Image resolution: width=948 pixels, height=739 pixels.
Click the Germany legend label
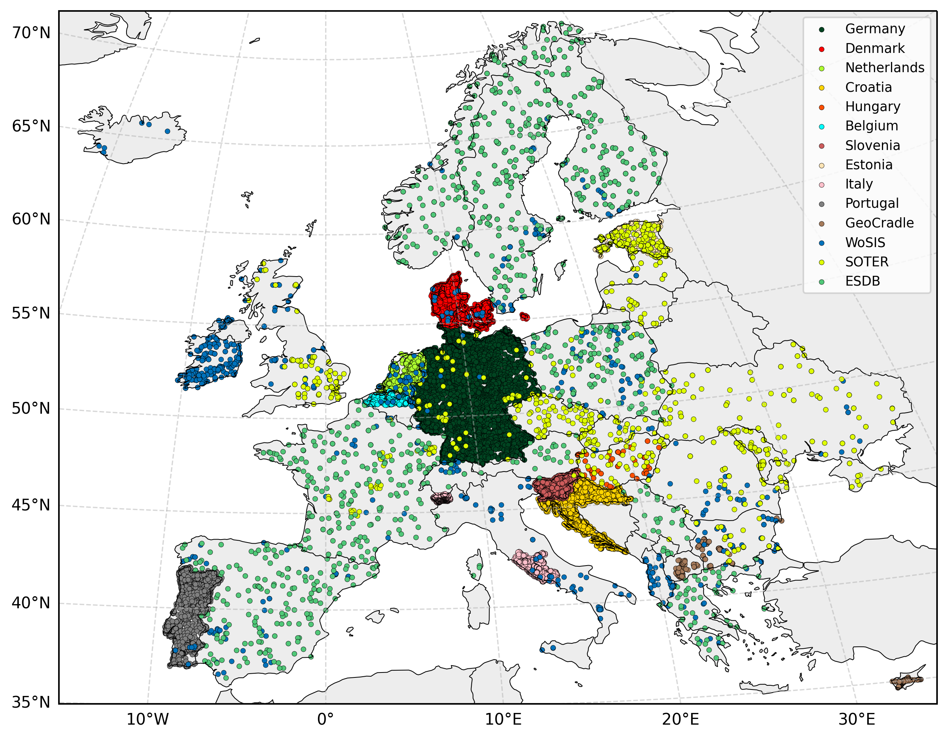click(875, 29)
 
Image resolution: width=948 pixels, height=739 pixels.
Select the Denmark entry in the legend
click(875, 48)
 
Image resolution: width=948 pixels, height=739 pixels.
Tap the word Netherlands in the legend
click(885, 68)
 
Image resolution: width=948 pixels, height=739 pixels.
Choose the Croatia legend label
click(868, 87)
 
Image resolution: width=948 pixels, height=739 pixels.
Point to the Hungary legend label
click(872, 107)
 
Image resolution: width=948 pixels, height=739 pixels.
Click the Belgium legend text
click(871, 126)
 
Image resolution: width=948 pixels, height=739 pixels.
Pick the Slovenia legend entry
click(872, 145)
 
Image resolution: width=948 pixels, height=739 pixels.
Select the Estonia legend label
click(869, 165)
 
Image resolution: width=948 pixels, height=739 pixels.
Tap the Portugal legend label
click(872, 203)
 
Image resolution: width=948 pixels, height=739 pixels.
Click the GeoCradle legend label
click(879, 223)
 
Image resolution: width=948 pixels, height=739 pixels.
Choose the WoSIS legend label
click(865, 242)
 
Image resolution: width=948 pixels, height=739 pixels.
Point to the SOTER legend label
click(867, 262)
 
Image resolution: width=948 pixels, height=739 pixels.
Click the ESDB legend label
click(863, 281)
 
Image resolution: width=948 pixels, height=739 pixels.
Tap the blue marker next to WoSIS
click(821, 243)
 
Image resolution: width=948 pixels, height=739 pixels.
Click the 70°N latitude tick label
click(31, 33)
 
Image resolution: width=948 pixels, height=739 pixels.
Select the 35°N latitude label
click(31, 702)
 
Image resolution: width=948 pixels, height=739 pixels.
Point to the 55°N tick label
click(31, 313)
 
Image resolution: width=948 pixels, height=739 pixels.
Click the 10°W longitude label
click(147, 720)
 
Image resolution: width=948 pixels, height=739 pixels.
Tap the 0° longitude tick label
click(326, 720)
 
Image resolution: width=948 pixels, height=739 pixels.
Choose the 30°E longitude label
click(857, 720)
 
